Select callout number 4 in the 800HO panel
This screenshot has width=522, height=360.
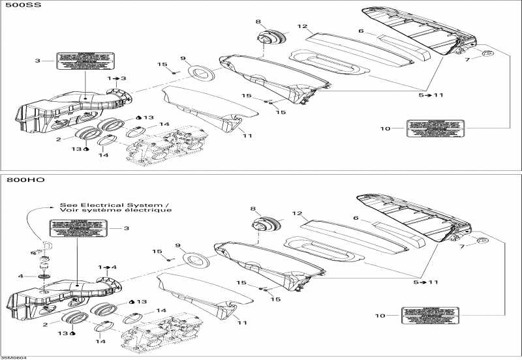coord(21,276)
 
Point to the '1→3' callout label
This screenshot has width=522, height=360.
coord(117,78)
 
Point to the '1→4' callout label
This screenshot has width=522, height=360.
coord(108,267)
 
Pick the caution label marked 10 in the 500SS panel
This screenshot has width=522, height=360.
coord(435,129)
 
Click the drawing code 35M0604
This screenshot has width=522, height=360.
coord(11,357)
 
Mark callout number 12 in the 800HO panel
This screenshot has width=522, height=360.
coord(297,213)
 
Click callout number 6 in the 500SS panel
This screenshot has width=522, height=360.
coord(360,30)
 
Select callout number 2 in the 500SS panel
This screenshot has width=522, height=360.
coord(59,139)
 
